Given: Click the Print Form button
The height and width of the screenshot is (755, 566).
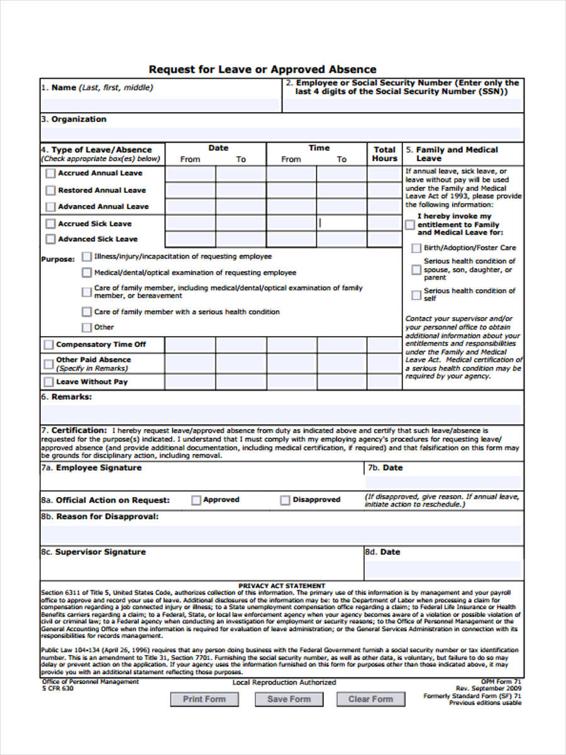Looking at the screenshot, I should click(204, 699).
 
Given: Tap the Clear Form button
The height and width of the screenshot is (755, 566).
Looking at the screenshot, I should click(370, 699).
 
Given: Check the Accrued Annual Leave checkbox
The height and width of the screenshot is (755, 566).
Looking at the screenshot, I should click(50, 173).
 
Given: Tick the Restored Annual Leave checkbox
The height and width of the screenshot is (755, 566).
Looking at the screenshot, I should click(50, 190).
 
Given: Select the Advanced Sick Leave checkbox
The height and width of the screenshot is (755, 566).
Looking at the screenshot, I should click(50, 239).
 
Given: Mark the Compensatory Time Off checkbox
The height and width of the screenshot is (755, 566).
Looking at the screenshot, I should click(48, 345).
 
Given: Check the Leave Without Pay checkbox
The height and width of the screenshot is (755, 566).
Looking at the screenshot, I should click(48, 382).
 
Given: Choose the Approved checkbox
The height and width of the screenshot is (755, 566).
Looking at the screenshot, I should click(196, 500).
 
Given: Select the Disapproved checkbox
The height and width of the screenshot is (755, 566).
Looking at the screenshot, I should click(285, 500).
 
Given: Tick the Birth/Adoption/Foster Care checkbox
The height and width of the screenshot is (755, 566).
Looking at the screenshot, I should click(416, 249).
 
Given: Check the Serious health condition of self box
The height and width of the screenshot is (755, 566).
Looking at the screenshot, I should click(416, 295).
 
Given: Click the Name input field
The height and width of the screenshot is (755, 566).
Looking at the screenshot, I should click(161, 104).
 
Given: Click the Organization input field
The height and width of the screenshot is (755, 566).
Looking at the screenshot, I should click(282, 133).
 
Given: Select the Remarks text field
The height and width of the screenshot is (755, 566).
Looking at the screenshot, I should click(282, 414).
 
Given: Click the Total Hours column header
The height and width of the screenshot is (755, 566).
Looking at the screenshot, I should click(384, 154).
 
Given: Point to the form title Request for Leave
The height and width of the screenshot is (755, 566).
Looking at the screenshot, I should click(262, 69).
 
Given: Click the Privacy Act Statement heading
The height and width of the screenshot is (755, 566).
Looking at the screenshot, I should click(282, 586).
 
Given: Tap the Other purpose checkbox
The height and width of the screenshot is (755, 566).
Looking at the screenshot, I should click(86, 327).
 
